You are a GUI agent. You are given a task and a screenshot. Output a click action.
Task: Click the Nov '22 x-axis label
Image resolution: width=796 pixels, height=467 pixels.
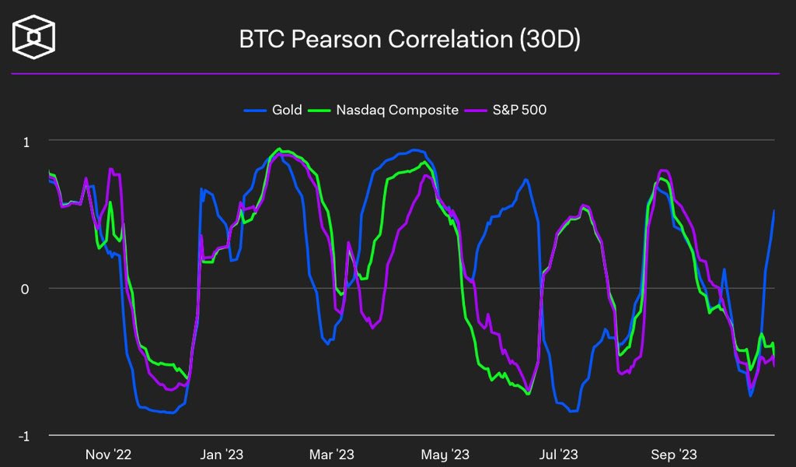pos(107,454)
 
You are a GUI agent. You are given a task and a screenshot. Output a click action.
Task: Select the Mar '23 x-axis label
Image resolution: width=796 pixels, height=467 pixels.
pos(332,454)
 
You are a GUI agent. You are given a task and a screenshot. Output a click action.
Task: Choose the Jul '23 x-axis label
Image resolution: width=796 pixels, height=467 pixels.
pos(559,454)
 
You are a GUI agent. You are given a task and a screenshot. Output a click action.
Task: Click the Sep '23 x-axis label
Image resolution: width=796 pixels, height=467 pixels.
pos(674,454)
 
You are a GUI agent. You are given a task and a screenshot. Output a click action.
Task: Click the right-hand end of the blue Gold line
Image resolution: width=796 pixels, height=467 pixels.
pos(774,210)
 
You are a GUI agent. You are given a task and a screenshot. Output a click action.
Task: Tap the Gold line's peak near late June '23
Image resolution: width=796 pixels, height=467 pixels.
pos(526,179)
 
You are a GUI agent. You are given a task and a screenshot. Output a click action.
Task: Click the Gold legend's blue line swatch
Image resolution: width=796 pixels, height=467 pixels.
pos(255,110)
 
